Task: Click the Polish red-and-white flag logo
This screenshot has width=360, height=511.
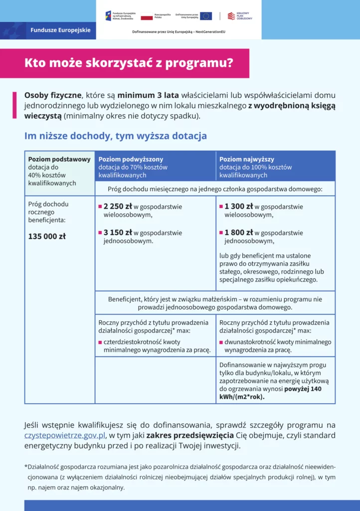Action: coord(147,16)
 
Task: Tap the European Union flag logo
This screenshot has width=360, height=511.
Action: coord(206,16)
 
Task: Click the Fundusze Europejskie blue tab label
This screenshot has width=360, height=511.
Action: coord(60,30)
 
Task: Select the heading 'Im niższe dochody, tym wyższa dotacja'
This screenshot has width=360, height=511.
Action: coord(115,136)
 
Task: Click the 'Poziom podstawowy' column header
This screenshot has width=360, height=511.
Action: coord(59,159)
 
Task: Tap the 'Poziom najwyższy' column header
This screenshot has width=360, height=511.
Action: coord(247,159)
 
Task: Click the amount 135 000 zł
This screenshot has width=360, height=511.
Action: coord(47,237)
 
